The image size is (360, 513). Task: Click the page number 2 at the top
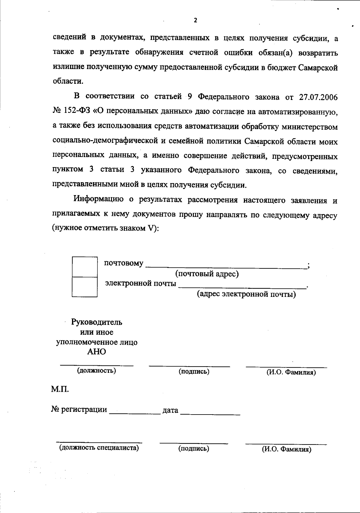point(196,20)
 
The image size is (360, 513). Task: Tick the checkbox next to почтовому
point(85,267)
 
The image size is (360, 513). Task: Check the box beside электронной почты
point(85,287)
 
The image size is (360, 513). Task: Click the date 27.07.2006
point(318,97)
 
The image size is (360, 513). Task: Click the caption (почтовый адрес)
point(207,274)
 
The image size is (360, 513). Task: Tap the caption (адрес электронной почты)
point(246,294)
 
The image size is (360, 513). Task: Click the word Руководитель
point(97,322)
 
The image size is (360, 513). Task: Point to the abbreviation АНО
point(97,352)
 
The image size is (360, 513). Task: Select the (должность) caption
point(97,370)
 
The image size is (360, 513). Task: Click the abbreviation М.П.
point(60,390)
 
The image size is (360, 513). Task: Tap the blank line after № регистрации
point(135,412)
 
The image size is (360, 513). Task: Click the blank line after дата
point(210,413)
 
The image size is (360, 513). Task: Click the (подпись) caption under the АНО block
point(194,371)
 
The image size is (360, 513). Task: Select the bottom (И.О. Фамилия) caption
point(286,449)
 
